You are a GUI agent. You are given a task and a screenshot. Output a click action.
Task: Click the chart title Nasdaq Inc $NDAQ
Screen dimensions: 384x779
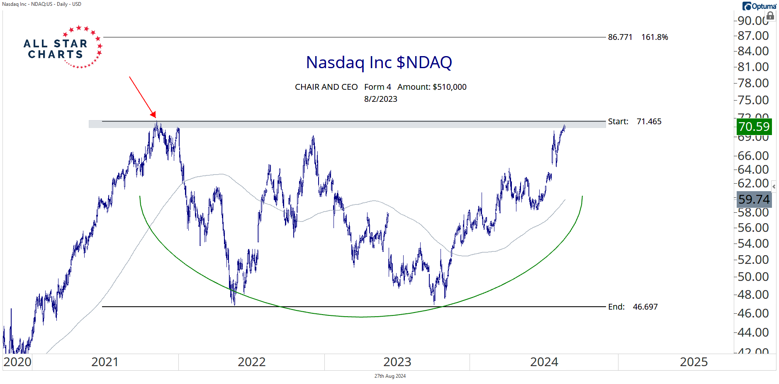tap(379, 62)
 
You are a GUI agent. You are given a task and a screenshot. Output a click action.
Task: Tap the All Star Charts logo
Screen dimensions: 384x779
tap(62, 48)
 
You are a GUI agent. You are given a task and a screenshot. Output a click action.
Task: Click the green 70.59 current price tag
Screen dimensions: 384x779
tap(754, 127)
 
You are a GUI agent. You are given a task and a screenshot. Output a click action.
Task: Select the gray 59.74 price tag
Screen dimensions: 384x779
tap(754, 199)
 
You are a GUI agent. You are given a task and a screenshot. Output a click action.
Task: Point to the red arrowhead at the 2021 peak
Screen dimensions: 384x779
tap(153, 115)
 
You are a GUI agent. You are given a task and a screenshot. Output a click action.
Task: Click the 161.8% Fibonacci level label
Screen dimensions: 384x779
tap(655, 37)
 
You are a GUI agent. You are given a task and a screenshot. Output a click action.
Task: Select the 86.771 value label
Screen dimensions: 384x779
tap(620, 37)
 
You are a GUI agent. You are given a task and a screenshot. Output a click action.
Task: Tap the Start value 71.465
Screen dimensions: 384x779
tap(649, 122)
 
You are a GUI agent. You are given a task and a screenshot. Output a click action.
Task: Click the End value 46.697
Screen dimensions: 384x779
tap(645, 307)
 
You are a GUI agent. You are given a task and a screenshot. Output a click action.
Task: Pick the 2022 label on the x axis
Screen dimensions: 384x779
tap(251, 362)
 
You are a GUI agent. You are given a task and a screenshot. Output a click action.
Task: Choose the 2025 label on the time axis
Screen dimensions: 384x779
tap(694, 362)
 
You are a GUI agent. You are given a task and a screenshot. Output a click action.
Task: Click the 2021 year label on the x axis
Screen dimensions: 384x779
tap(105, 362)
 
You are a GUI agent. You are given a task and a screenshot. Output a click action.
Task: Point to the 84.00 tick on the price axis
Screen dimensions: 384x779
tap(753, 51)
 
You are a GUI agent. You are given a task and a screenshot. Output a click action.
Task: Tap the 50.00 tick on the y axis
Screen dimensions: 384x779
tap(753, 277)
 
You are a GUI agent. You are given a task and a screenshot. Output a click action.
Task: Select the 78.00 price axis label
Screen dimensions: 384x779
tap(753, 83)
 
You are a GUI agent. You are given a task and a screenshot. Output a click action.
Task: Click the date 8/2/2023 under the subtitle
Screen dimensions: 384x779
tap(380, 99)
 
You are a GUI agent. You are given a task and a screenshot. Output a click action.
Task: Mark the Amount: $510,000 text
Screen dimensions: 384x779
tap(432, 87)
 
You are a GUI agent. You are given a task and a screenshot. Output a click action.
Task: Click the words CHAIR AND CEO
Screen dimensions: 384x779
tap(326, 87)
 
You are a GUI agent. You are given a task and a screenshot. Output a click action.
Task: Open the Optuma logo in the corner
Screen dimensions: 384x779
tap(759, 6)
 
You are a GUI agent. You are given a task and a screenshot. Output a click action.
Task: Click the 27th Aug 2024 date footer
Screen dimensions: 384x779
tap(390, 376)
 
